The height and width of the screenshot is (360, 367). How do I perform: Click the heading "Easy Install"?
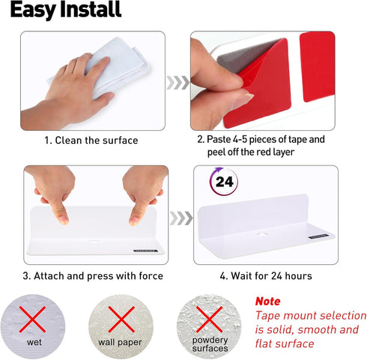click(66, 10)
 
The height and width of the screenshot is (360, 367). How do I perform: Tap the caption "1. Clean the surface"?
click(91, 140)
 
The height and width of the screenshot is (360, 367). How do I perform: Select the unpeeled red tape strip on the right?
click(317, 67)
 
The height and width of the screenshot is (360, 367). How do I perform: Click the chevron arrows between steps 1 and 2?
click(178, 82)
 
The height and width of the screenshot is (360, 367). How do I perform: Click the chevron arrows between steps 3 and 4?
click(181, 218)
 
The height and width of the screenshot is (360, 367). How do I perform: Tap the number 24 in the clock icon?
click(224, 182)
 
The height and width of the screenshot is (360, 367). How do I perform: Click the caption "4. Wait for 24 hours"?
click(266, 276)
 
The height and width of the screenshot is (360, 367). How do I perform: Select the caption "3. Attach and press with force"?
click(93, 276)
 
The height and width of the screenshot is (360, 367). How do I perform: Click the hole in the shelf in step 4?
click(262, 234)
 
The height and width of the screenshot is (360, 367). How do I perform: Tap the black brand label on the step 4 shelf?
click(318, 237)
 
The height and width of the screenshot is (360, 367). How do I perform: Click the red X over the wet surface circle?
click(32, 320)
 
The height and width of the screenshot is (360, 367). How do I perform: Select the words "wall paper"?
click(120, 342)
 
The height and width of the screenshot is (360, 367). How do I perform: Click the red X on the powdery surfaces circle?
click(209, 320)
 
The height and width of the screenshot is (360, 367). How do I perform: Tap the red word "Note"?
click(267, 302)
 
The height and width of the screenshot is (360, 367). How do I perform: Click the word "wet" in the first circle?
click(34, 342)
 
